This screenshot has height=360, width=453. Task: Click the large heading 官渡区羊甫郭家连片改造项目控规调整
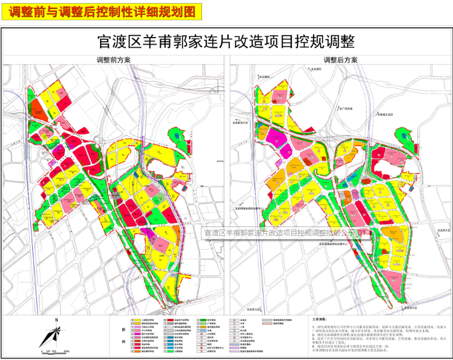226,42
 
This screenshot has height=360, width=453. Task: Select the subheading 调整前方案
113,60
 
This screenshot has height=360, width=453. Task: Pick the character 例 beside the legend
123,342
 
